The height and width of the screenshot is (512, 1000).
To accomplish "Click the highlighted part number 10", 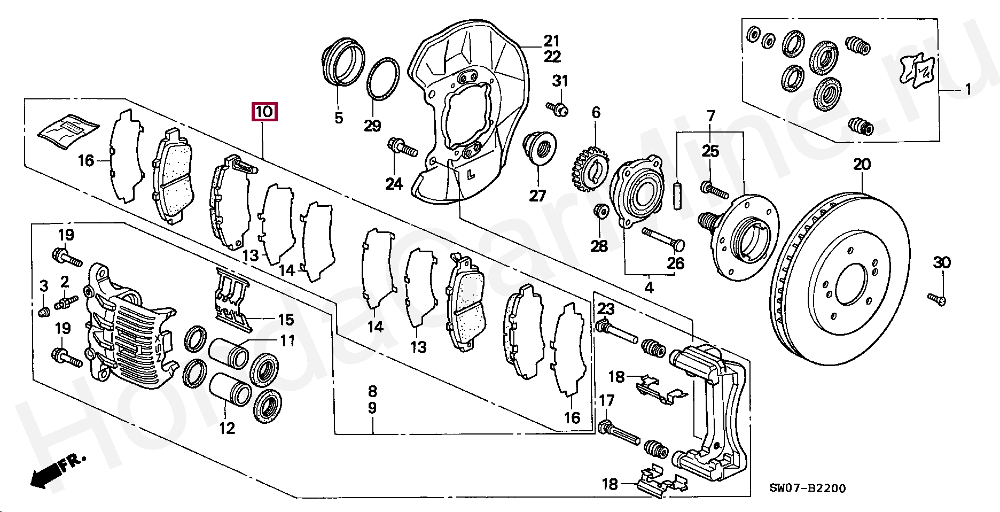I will coord(264,112).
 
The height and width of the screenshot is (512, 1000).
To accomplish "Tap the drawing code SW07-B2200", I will coord(807,488).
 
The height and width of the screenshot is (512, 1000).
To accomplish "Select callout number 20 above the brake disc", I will coord(862,165).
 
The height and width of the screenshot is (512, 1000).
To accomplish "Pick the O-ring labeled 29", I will coord(383,79).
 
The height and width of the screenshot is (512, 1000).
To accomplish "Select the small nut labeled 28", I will coord(600,211).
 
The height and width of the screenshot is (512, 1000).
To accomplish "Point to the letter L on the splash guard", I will coord(471,174).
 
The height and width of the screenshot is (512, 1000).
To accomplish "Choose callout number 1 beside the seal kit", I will coord(967,90).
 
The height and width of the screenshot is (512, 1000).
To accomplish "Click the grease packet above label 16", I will coord(68,129).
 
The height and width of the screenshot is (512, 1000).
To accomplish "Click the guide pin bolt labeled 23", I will coord(617,331).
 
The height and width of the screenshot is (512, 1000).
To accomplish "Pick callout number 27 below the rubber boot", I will coord(537,196).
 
